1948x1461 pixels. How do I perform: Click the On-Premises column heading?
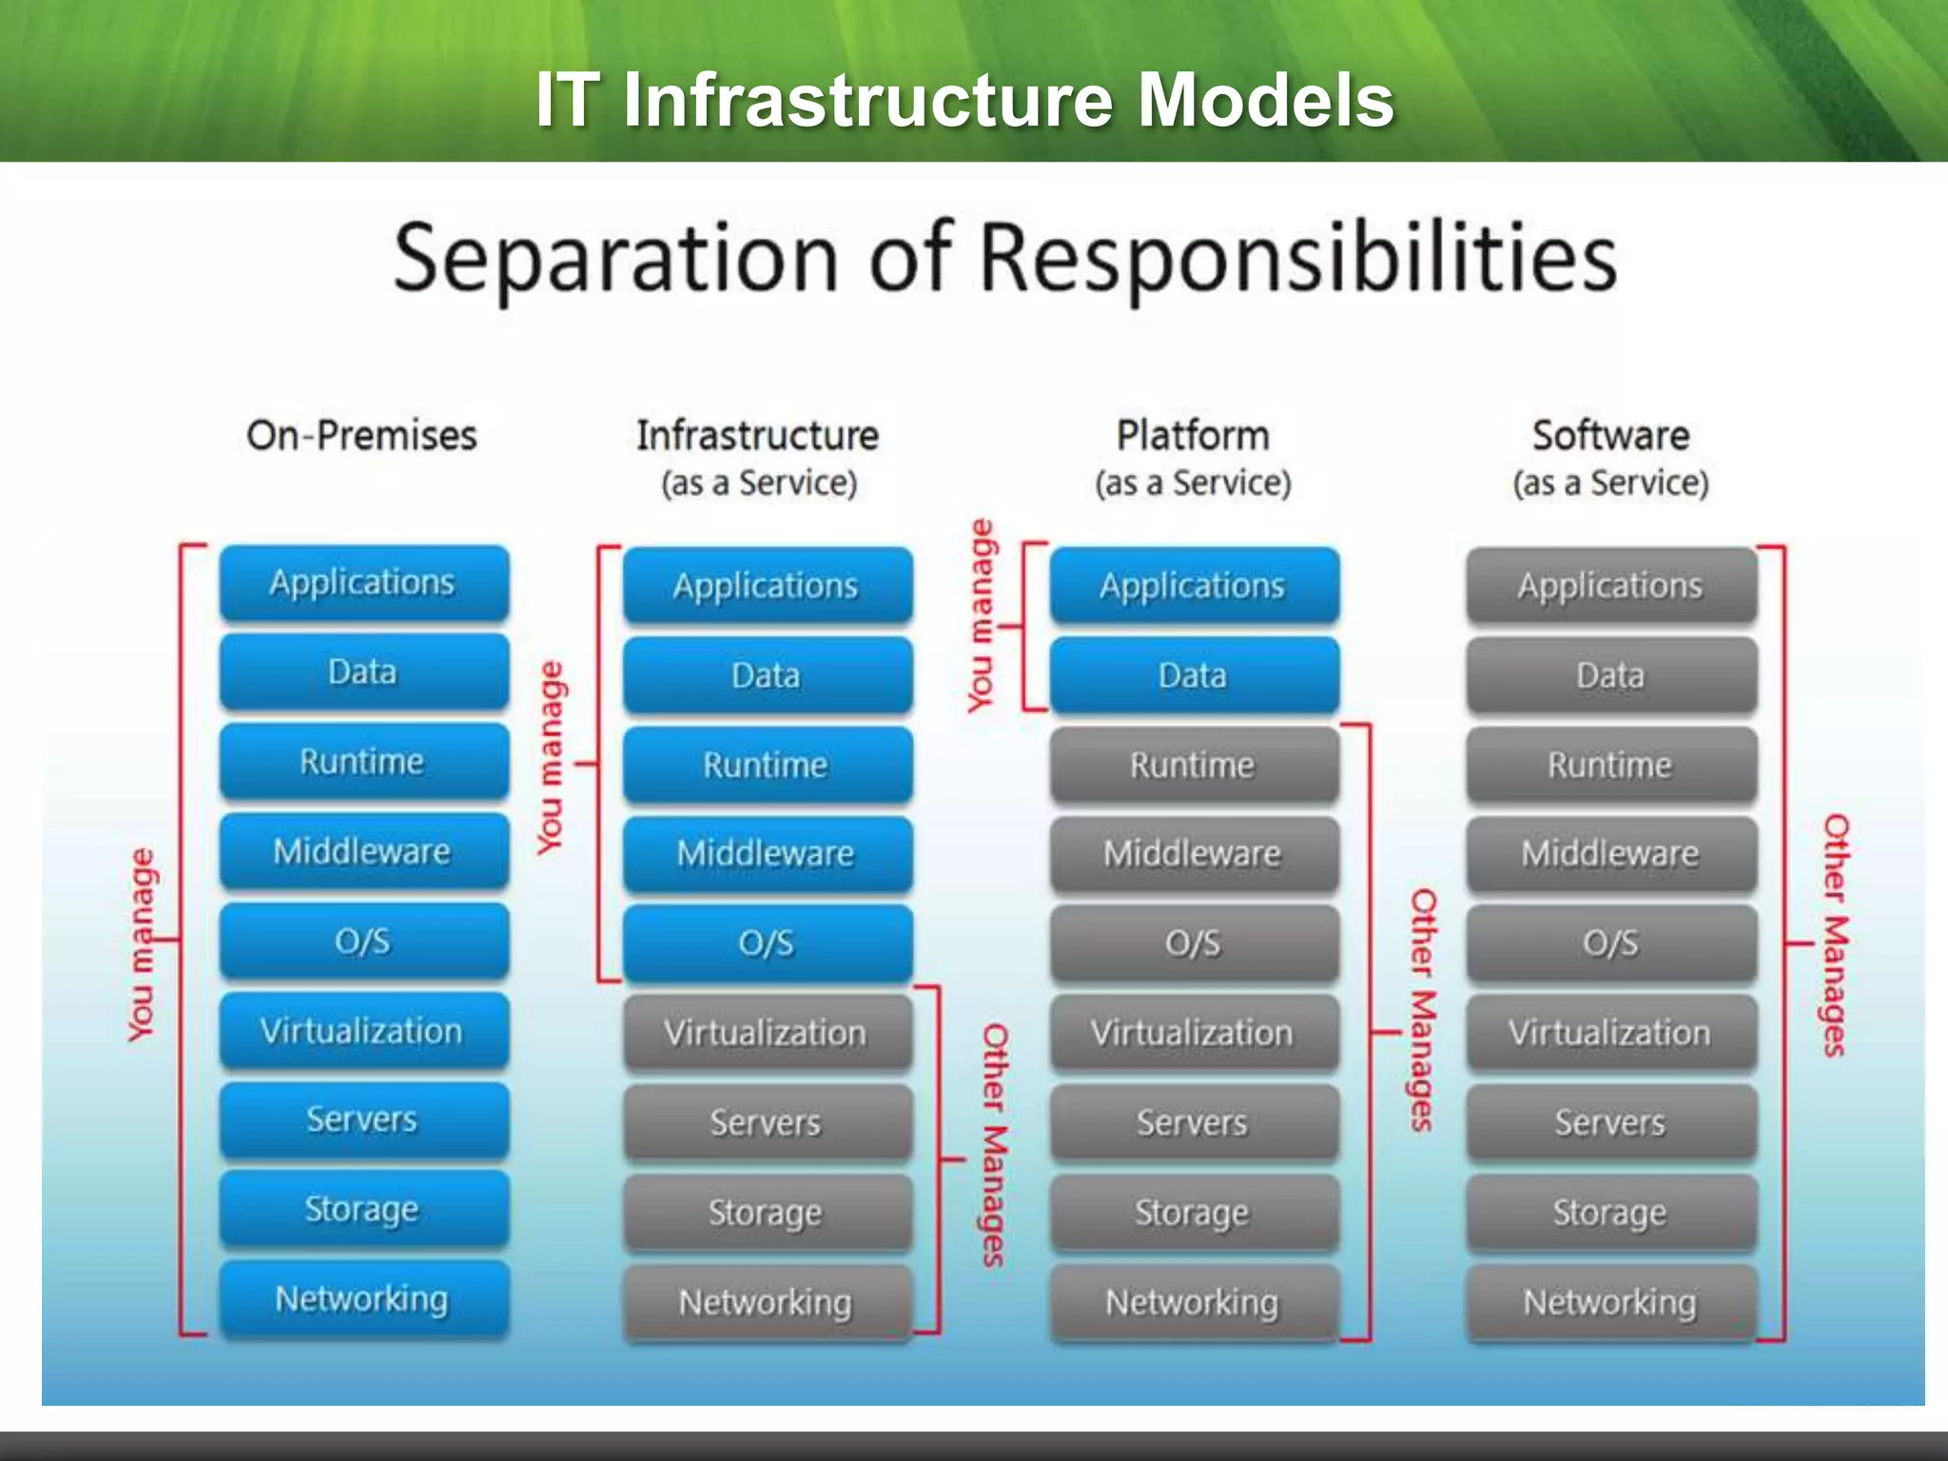pos(361,436)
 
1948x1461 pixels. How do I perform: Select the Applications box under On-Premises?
pos(363,582)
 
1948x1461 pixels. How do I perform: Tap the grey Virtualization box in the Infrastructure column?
pos(767,1033)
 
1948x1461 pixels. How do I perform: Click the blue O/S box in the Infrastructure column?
pos(767,943)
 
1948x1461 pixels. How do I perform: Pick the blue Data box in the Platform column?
pos(1193,675)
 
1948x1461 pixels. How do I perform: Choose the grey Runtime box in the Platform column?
pos(1193,765)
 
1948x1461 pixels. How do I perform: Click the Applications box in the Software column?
pos(1609,585)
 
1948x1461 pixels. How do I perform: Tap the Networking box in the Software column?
pos(1609,1302)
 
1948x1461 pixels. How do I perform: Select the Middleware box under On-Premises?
pos(363,850)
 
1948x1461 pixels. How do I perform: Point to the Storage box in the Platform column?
pos(1193,1213)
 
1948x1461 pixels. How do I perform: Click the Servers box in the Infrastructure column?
pos(767,1122)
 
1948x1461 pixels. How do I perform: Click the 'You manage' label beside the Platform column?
pos(981,615)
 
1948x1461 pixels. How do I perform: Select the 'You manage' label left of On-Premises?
pos(141,945)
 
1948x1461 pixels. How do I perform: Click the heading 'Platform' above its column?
pos(1193,436)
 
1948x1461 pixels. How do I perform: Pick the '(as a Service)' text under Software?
pos(1610,483)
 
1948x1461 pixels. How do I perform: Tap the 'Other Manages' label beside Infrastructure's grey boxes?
pos(995,1145)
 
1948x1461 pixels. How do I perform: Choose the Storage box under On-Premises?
pos(363,1209)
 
